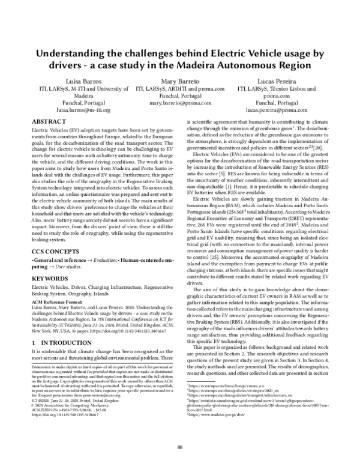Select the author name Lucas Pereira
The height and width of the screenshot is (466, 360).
276,80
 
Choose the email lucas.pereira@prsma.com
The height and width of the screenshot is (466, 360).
276,111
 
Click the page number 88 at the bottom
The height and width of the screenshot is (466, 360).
180,447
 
